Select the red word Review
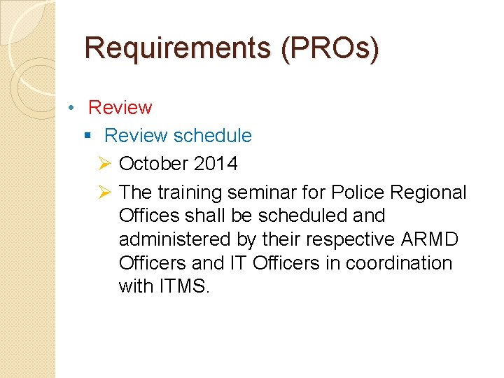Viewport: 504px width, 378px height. click(x=120, y=108)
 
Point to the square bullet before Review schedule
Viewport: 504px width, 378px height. click(x=87, y=136)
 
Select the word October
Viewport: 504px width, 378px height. click(x=154, y=164)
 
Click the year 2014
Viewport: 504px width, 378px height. click(x=216, y=164)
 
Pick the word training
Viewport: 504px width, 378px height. click(x=188, y=192)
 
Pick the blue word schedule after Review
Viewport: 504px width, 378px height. click(x=212, y=136)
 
